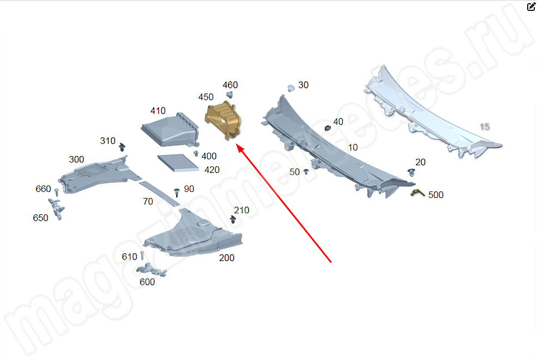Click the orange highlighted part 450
coord(224,121)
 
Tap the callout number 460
coord(230,85)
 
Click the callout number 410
coord(158,111)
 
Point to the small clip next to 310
coord(122,148)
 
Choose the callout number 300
coord(76,159)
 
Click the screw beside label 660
coord(57,192)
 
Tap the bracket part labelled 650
coord(57,208)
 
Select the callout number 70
coord(148,201)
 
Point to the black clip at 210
coord(233,219)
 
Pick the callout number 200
coord(227,257)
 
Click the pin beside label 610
coord(142,255)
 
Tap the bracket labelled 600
coord(152,269)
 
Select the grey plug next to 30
coord(291,88)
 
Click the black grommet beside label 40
coord(328,128)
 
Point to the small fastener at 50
coord(306,172)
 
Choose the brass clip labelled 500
coord(418,193)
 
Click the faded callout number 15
coord(485,127)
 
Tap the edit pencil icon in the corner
coord(531,7)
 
